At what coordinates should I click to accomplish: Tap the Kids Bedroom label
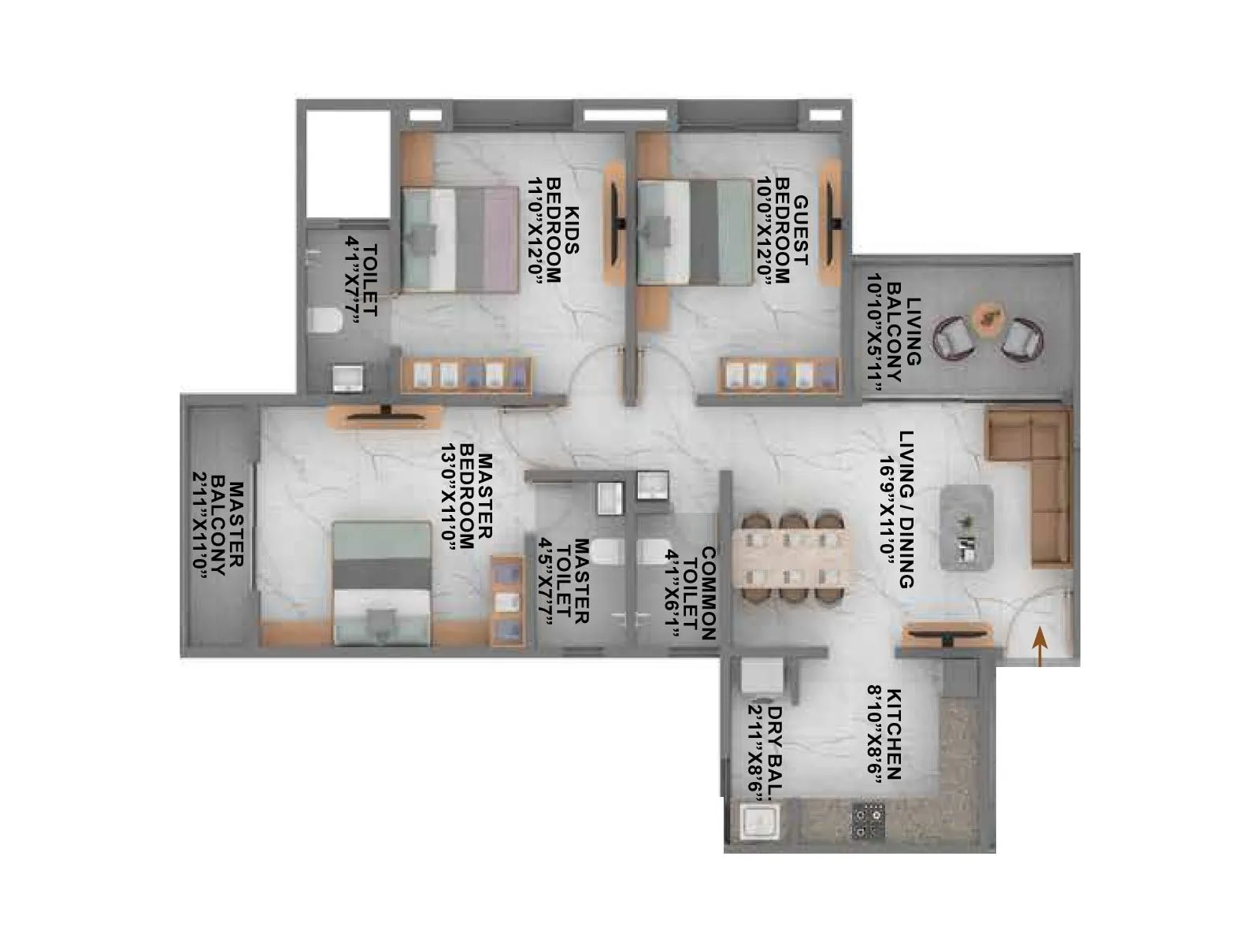[x=554, y=230]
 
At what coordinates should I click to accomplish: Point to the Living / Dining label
[x=895, y=510]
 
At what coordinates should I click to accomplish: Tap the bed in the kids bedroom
[x=458, y=239]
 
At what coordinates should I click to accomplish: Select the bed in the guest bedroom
[x=693, y=232]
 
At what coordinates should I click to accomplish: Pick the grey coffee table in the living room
[x=965, y=526]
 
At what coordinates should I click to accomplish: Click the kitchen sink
[x=756, y=824]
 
